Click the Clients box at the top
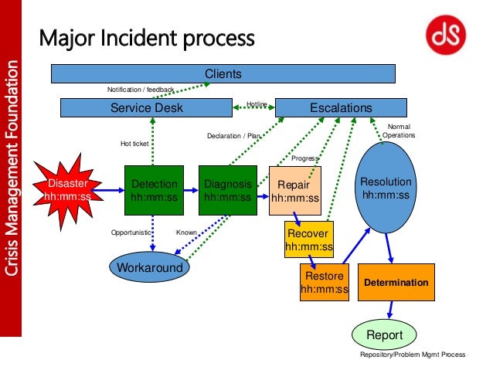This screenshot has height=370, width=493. point(223,74)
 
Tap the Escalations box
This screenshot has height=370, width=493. point(341,108)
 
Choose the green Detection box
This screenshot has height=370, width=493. point(155,190)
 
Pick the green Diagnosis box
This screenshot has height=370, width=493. point(228,190)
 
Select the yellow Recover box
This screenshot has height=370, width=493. point(308,240)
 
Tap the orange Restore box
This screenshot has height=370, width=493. point(325,282)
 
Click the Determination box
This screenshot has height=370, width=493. point(396,283)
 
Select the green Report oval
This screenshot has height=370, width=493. point(384,335)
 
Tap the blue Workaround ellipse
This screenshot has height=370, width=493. point(150,268)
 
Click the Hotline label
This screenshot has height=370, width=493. point(257,104)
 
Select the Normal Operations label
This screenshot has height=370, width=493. point(399,130)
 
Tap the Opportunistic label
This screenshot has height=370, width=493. point(131,232)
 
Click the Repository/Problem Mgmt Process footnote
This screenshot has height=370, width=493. point(413,355)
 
